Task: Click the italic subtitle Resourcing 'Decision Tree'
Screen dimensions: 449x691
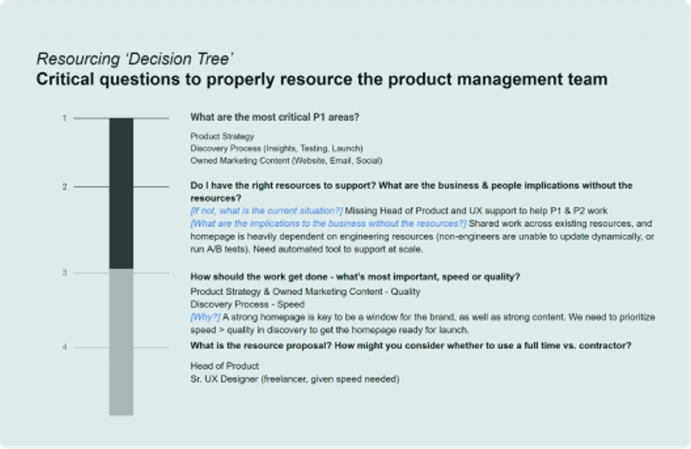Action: click(135, 59)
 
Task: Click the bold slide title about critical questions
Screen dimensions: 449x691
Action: click(321, 79)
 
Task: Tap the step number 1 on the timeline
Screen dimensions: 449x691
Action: click(65, 118)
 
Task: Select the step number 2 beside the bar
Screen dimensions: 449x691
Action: click(65, 187)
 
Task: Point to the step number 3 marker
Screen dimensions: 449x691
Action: click(65, 272)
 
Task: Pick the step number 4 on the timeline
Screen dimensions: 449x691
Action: click(65, 347)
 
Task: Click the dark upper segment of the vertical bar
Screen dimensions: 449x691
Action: click(121, 193)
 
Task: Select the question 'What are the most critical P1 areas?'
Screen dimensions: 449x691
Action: click(275, 117)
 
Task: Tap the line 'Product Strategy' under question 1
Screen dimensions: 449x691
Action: click(222, 136)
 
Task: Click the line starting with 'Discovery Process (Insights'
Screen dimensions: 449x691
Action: click(276, 149)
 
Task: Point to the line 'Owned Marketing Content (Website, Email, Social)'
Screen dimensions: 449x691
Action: click(286, 161)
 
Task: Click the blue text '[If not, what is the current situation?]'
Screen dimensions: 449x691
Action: click(267, 211)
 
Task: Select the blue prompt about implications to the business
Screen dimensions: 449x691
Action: click(328, 223)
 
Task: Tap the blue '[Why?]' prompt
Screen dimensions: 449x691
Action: click(206, 317)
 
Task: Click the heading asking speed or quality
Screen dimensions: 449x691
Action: click(355, 277)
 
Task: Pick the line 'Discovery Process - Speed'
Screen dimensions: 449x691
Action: click(247, 305)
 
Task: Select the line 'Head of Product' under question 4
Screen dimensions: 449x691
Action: click(225, 366)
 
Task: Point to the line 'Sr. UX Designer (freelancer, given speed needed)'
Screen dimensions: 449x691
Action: click(295, 379)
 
